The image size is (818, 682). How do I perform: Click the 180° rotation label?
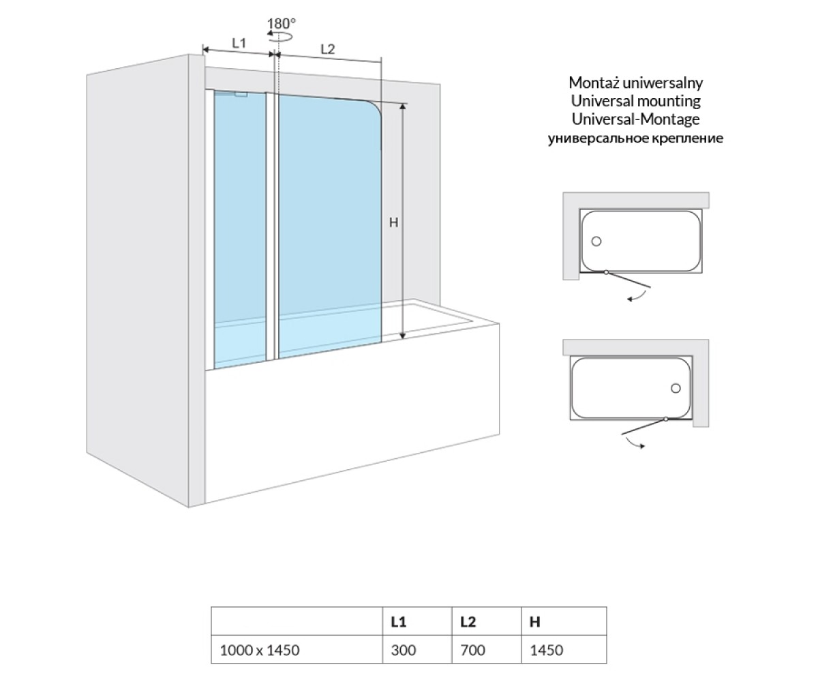(x=282, y=23)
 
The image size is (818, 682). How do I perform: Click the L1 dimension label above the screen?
(x=239, y=43)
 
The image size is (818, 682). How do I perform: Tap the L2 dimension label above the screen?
(x=327, y=49)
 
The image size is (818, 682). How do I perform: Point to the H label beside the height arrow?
(x=393, y=222)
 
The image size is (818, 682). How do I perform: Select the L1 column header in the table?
(x=398, y=621)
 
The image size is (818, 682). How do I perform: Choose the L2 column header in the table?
(x=468, y=621)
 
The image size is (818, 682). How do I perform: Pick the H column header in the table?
(x=534, y=621)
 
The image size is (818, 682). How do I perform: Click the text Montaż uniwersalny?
(x=635, y=83)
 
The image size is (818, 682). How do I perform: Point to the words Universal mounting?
(x=635, y=101)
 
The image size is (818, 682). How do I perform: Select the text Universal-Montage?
(x=635, y=119)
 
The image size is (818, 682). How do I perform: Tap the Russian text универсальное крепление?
(x=635, y=138)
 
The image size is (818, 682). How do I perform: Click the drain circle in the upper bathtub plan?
(x=596, y=241)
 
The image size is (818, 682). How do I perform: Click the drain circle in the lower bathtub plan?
(x=676, y=388)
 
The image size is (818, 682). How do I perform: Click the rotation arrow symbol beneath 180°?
(x=279, y=36)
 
